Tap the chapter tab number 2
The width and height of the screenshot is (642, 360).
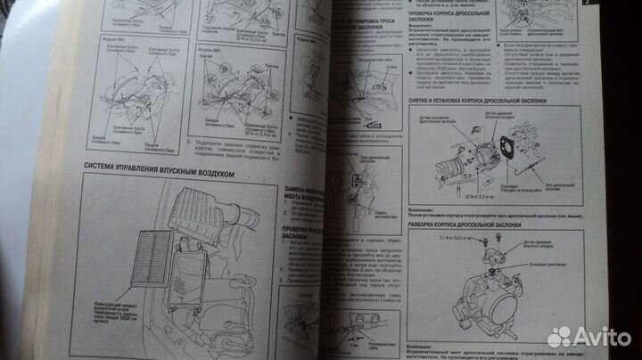(x=634, y=6)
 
